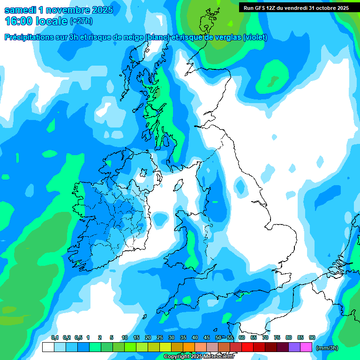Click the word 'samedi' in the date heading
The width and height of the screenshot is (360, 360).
click(20, 10)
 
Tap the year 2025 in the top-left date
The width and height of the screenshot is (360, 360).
click(99, 10)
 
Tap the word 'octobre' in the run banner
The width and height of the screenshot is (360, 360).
click(320, 7)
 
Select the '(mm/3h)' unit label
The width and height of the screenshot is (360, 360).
click(327, 348)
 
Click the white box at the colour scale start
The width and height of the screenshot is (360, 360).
click(48, 347)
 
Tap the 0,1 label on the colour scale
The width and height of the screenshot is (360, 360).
click(54, 338)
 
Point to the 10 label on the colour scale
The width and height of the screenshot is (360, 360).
click(124, 338)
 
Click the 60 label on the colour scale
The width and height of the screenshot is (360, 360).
click(241, 338)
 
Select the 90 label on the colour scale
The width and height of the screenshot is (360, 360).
click(312, 338)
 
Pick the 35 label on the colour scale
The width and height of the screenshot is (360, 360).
click(183, 338)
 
